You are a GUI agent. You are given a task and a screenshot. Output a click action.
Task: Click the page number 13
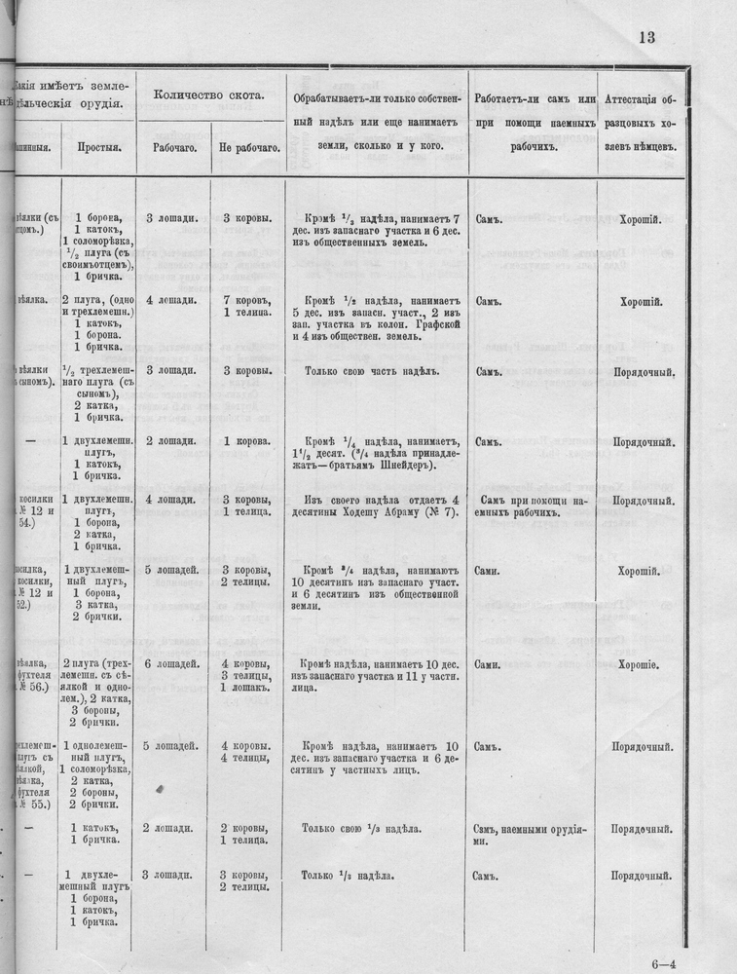[x=647, y=38]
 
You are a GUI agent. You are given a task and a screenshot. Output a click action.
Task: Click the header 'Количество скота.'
[x=208, y=95]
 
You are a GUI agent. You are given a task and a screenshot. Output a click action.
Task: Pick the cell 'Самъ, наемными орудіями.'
[x=530, y=835]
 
